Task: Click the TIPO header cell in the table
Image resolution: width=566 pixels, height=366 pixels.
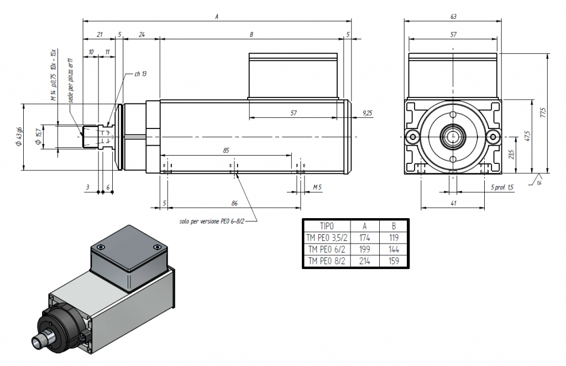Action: (327, 226)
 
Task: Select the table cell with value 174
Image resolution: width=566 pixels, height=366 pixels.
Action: (365, 238)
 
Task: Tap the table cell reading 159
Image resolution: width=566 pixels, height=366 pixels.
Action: (394, 261)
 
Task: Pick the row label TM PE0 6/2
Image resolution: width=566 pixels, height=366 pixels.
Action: (327, 249)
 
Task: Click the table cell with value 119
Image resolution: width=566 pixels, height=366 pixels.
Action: (394, 238)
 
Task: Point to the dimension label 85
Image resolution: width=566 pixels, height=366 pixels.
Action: (226, 150)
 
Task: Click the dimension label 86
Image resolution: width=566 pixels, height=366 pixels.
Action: (234, 203)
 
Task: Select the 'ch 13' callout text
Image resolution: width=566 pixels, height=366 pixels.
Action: (140, 74)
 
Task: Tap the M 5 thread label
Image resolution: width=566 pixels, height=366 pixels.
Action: (317, 187)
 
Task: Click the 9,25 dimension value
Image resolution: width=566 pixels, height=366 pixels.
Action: (367, 113)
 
